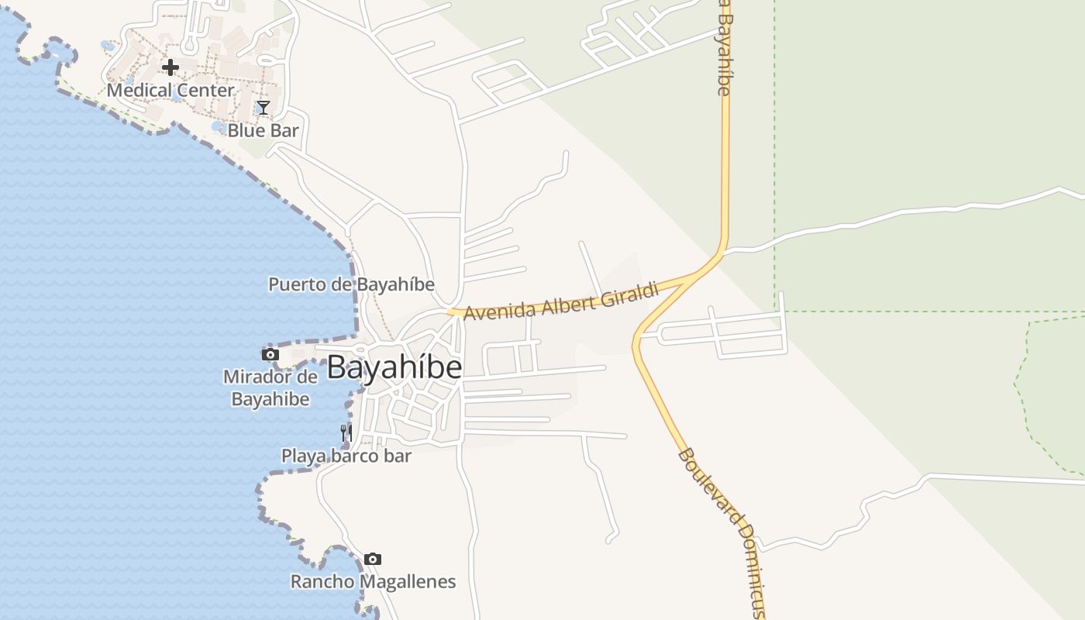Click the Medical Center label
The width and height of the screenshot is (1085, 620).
pyautogui.click(x=170, y=90)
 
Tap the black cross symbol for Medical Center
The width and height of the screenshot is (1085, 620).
pyautogui.click(x=170, y=67)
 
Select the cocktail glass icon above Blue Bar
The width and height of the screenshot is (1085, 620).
pyautogui.click(x=263, y=108)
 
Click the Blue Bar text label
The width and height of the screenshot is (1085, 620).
pyautogui.click(x=263, y=130)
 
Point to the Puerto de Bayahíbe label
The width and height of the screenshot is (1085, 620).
pyautogui.click(x=351, y=284)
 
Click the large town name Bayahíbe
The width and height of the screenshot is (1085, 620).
pyautogui.click(x=394, y=367)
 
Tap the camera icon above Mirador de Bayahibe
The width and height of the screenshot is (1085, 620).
pyautogui.click(x=270, y=355)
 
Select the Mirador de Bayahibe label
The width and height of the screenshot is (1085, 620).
pyautogui.click(x=270, y=388)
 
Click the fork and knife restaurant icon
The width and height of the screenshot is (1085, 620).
pyautogui.click(x=346, y=433)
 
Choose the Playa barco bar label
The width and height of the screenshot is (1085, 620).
pyautogui.click(x=346, y=456)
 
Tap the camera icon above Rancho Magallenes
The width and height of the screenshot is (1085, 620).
pyautogui.click(x=373, y=559)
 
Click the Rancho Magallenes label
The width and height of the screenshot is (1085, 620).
pyautogui.click(x=373, y=581)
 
